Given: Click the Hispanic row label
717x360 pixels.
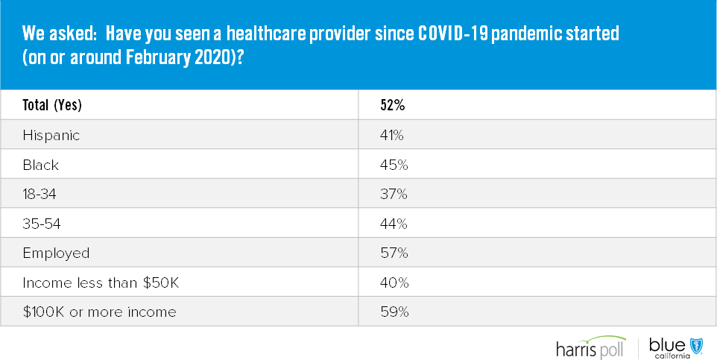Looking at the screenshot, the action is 51,136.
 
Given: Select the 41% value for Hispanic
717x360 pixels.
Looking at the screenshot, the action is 392,135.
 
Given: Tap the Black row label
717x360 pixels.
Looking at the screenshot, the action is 41,165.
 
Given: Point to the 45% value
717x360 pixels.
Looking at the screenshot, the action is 394,165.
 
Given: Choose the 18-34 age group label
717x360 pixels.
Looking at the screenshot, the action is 40,195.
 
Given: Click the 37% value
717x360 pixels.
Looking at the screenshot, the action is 394,194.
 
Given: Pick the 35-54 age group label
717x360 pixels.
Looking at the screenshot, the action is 42,224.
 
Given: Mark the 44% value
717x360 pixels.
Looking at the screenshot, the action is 394,224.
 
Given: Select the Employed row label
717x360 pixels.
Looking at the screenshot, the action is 56,253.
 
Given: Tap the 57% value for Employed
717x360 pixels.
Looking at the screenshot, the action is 394,253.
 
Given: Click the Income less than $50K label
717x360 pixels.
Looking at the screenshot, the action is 101,282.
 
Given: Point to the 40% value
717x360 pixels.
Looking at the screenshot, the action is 394,282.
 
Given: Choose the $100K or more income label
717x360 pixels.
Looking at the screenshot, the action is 99,312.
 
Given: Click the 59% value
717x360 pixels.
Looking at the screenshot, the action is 394,312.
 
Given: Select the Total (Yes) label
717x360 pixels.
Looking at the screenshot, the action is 52,106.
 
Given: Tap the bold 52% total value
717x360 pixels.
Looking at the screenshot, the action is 392,105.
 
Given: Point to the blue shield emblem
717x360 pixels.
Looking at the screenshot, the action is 697,347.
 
